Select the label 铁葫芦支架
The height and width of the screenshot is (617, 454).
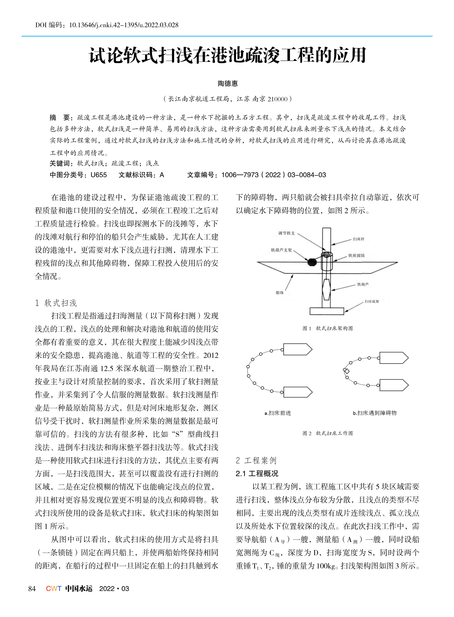coord(281,250)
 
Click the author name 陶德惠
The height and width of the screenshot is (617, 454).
coord(228,83)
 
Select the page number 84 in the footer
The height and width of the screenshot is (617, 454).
coord(32,589)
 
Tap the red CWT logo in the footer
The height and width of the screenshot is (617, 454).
coord(54,589)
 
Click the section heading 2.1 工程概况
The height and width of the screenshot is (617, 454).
coord(257,474)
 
